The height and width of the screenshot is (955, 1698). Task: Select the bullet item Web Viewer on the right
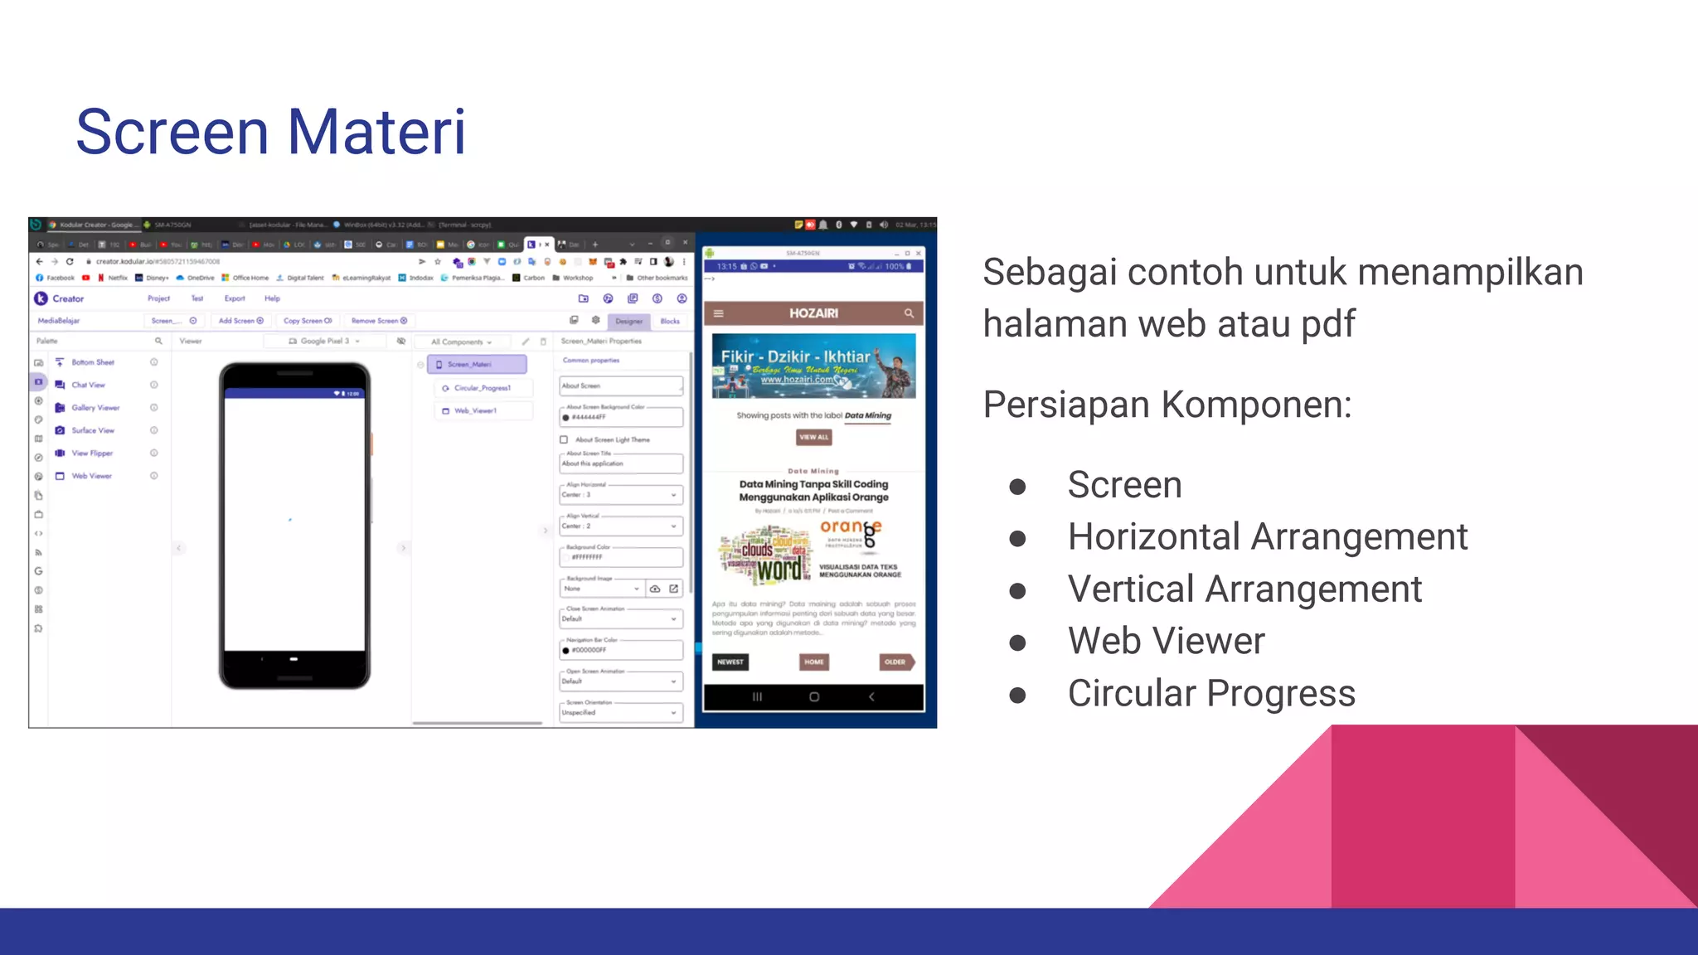pyautogui.click(x=1166, y=641)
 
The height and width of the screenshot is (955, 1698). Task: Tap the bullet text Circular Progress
pyautogui.click(x=1210, y=693)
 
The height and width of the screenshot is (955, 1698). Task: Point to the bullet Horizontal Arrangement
pyautogui.click(x=1267, y=536)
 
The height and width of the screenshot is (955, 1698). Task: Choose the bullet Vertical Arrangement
pyautogui.click(x=1244, y=589)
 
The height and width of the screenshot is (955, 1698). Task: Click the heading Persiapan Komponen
pyautogui.click(x=1167, y=405)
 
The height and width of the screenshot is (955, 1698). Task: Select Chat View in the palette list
pyautogui.click(x=88, y=385)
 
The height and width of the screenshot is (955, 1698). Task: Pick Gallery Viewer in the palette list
pyautogui.click(x=95, y=408)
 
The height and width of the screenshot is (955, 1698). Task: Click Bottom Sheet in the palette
pyautogui.click(x=92, y=362)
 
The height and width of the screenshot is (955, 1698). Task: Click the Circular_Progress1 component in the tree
pyautogui.click(x=482, y=388)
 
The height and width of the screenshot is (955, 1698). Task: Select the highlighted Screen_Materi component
pyautogui.click(x=477, y=364)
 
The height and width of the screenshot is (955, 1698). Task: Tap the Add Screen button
pyautogui.click(x=240, y=321)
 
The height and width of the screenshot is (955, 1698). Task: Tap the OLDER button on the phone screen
pyautogui.click(x=895, y=662)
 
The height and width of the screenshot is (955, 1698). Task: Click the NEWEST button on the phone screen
pyautogui.click(x=730, y=662)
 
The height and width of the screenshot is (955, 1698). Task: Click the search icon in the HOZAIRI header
pyautogui.click(x=909, y=313)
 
